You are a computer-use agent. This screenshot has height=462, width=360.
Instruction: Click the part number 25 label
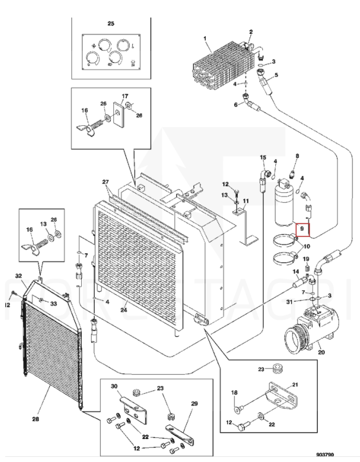(111, 23)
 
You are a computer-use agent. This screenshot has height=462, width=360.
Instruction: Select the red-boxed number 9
(303, 229)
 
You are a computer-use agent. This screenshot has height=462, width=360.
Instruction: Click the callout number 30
(115, 386)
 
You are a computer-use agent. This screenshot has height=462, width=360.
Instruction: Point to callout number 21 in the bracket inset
(295, 384)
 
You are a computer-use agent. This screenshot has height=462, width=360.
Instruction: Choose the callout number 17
(124, 96)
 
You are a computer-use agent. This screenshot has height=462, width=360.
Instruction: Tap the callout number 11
(246, 201)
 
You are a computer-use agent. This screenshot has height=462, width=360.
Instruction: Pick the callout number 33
(53, 304)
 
